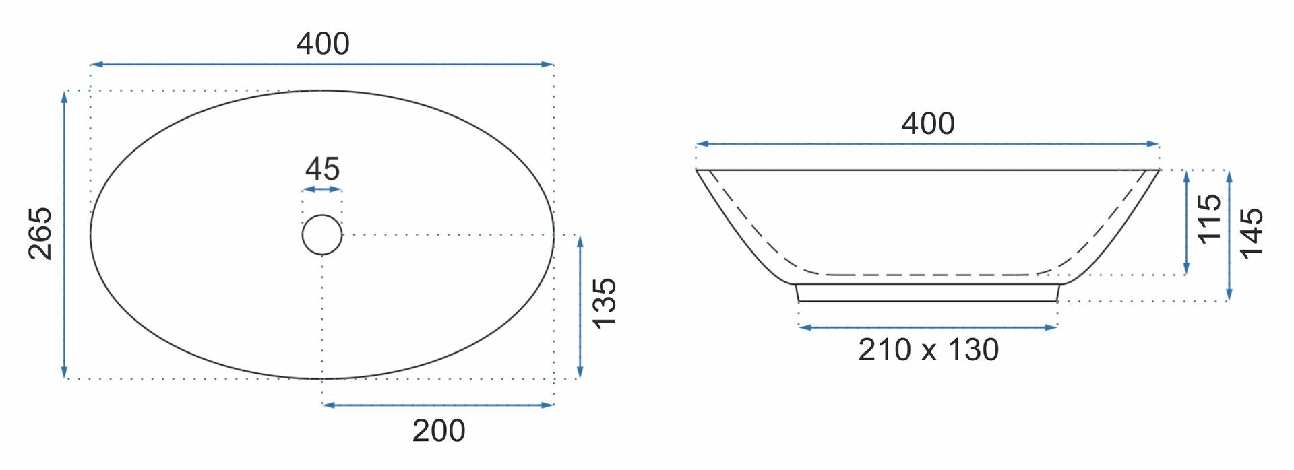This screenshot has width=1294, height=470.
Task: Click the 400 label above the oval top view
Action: pyautogui.click(x=323, y=44)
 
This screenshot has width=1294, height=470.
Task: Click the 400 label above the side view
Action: pyautogui.click(x=928, y=124)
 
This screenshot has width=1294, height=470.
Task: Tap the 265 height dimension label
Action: pyautogui.click(x=40, y=233)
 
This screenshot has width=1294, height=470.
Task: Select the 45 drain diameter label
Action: pyautogui.click(x=322, y=169)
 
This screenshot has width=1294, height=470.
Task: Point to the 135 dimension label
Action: pyautogui.click(x=605, y=303)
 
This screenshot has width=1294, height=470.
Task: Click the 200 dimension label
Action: pyautogui.click(x=439, y=431)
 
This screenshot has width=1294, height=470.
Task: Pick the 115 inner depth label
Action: pyautogui.click(x=1209, y=217)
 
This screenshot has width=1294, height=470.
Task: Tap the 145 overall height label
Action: pyautogui.click(x=1252, y=233)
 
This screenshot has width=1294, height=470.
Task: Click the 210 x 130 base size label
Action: pyautogui.click(x=928, y=350)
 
